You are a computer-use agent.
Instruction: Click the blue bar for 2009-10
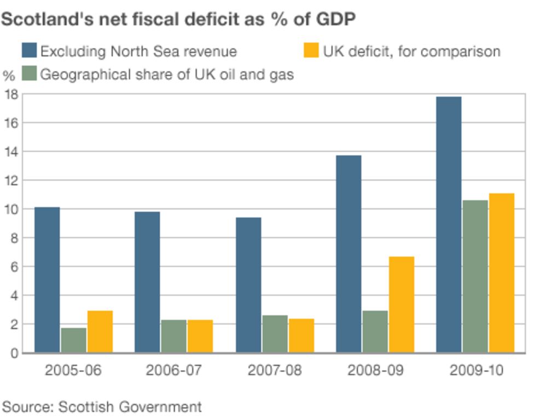click(x=449, y=225)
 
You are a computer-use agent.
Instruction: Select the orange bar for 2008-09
click(x=401, y=304)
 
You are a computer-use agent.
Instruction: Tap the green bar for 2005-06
click(x=73, y=340)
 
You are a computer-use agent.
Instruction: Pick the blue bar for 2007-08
click(x=248, y=285)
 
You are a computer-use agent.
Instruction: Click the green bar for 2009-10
click(x=475, y=276)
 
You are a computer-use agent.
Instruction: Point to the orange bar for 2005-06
click(x=100, y=331)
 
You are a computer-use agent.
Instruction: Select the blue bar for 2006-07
click(x=147, y=282)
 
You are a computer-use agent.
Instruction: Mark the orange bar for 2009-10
click(x=502, y=273)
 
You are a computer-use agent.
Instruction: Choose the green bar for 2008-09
click(x=375, y=331)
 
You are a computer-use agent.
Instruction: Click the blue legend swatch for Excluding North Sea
click(x=29, y=51)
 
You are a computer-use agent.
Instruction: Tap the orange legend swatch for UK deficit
click(x=311, y=51)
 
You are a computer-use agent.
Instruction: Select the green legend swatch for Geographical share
click(x=29, y=74)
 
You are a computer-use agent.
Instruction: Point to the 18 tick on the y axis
click(x=11, y=94)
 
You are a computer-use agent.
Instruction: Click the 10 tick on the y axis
click(x=11, y=209)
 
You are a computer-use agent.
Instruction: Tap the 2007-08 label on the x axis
click(x=274, y=370)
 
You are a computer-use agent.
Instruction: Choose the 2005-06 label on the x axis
click(x=73, y=370)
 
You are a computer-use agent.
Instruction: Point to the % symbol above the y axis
click(x=9, y=76)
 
